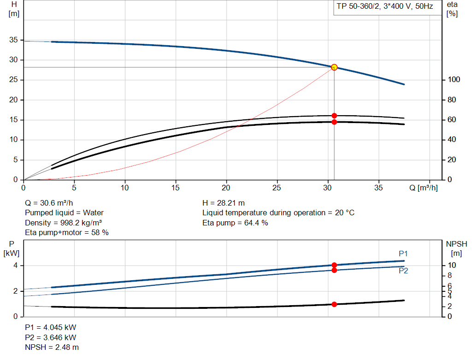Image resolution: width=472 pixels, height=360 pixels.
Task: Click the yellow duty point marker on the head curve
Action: tap(334, 67)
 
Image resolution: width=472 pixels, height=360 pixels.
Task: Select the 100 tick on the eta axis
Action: tap(453, 80)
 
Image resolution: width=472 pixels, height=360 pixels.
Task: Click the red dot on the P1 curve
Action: tap(334, 265)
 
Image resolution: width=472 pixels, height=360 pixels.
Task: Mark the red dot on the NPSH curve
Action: tap(334, 304)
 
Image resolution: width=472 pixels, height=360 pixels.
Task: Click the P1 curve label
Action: tap(403, 254)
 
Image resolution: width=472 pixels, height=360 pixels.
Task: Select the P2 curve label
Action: tap(403, 271)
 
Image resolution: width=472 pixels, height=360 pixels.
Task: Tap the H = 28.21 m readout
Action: tap(224, 203)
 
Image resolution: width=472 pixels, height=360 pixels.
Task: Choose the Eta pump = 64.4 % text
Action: tap(235, 223)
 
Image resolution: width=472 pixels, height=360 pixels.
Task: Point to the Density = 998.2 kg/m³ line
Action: tap(63, 223)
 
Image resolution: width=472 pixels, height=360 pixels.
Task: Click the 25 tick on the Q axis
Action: tap(277, 188)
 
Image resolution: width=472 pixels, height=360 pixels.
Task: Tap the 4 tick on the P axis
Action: tap(16, 266)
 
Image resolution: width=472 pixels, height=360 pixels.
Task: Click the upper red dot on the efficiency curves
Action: tap(334, 116)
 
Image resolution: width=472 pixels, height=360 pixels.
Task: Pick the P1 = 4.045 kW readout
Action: tap(50, 327)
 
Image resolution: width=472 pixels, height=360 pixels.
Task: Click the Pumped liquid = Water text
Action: tap(64, 212)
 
